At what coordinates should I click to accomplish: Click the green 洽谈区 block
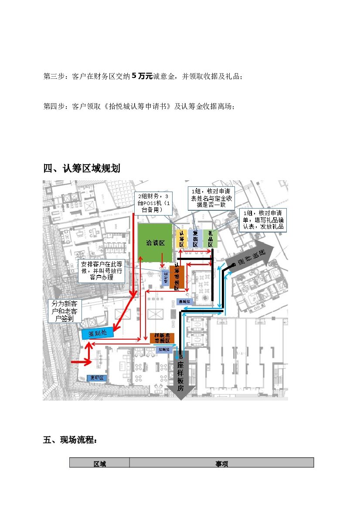coord(155,243)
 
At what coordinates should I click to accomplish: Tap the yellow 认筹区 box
coord(182,239)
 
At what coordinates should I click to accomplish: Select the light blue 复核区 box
coord(195,239)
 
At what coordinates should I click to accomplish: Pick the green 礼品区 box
coord(210,239)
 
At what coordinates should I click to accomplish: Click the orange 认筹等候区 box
coord(177,277)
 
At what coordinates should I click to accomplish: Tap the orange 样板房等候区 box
coord(162,338)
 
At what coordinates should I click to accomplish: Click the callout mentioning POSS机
coord(153,203)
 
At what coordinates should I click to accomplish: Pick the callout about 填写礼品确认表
coord(263,220)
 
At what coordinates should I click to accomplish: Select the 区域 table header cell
coord(99,464)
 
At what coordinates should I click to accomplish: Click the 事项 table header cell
coord(221,464)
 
